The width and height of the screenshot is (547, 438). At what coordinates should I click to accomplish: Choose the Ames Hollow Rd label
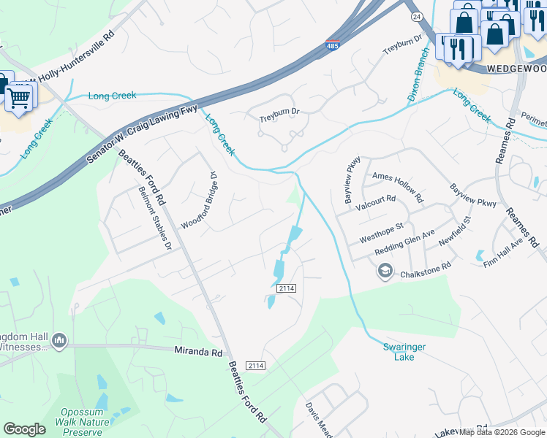397,187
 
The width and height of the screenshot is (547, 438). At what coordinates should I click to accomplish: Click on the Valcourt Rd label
375,203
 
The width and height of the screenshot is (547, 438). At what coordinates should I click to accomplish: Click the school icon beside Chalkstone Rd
385,272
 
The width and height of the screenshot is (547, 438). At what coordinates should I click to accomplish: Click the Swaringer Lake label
404,352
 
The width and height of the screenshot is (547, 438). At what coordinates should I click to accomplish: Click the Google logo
24,429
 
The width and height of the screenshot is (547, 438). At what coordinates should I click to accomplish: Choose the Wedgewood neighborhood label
516,69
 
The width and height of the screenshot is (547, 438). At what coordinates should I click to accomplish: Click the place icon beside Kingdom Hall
59,340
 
